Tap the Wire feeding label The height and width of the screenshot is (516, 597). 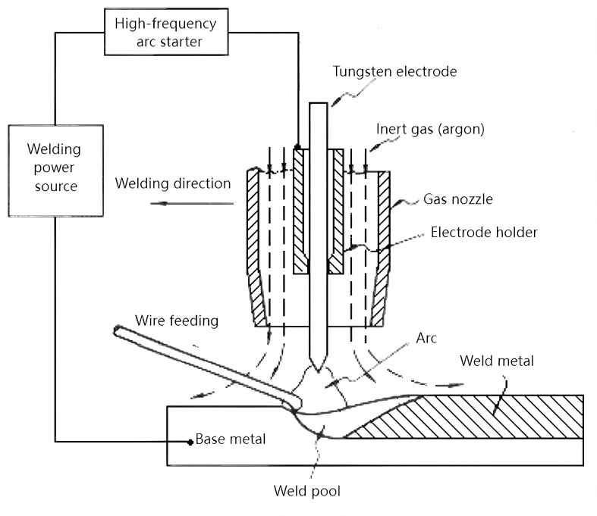coord(178,321)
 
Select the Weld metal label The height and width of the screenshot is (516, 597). coord(497,361)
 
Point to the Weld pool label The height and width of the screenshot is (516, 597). coord(303,489)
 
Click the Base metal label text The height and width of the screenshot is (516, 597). coord(231,439)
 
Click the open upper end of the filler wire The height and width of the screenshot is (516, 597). coord(118,330)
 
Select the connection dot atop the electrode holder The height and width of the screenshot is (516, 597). coord(297,147)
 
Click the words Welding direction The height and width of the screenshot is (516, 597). coord(173,183)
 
